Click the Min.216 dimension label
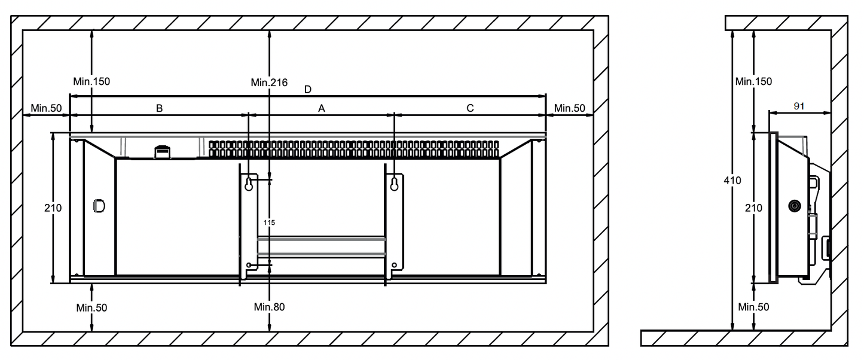click(x=269, y=82)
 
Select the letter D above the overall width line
click(x=307, y=90)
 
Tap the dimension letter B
click(x=159, y=108)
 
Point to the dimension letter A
click(x=322, y=108)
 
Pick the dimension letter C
click(x=470, y=108)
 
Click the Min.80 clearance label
click(x=269, y=307)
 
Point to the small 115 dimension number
click(x=269, y=222)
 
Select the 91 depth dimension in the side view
click(x=798, y=106)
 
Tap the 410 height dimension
click(x=732, y=180)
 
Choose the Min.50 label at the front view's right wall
click(x=569, y=108)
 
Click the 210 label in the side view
click(x=753, y=208)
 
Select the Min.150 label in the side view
click(x=753, y=81)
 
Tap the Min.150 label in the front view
click(x=91, y=81)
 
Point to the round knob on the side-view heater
click(x=793, y=206)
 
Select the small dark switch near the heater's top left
click(x=161, y=152)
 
